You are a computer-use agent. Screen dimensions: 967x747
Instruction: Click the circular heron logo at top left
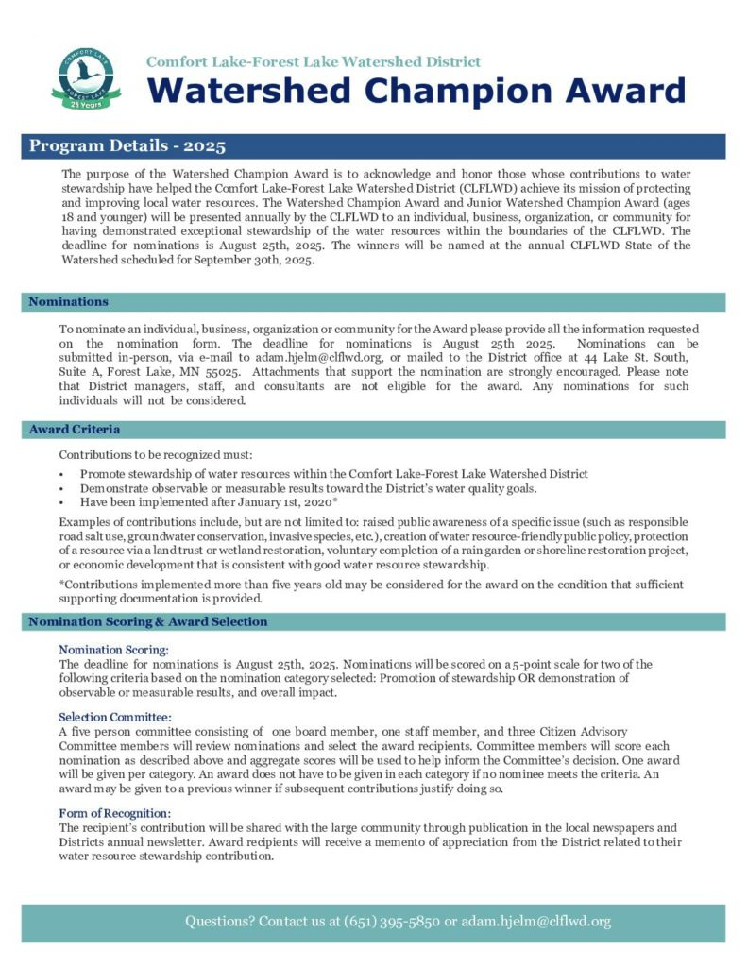click(86, 75)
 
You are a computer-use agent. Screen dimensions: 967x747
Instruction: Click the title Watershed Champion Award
click(415, 90)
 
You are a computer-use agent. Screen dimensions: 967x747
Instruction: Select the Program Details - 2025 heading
click(127, 146)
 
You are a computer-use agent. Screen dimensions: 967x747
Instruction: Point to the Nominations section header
click(68, 301)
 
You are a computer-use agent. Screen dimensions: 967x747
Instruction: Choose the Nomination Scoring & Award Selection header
click(148, 621)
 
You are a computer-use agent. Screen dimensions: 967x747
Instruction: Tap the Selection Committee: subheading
click(115, 717)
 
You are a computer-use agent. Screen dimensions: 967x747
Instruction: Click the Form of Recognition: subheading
click(115, 813)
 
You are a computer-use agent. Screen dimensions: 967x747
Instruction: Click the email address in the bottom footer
click(535, 921)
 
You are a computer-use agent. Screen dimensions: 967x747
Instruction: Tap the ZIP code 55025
click(239, 372)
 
